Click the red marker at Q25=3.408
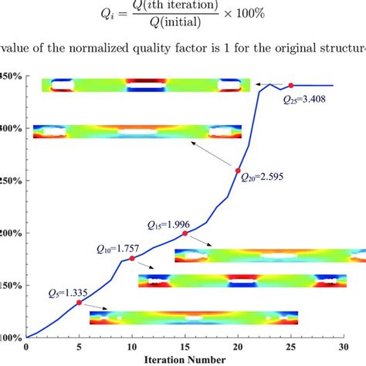290,85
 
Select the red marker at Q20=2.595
238,171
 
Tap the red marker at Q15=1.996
185,233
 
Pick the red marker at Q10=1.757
132,259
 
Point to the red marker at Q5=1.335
79,303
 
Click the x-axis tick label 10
132,347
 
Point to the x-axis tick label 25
290,347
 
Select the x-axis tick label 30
344,347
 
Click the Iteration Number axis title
185,359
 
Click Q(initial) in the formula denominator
182,25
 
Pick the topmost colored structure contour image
146,85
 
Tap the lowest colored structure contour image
193,317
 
